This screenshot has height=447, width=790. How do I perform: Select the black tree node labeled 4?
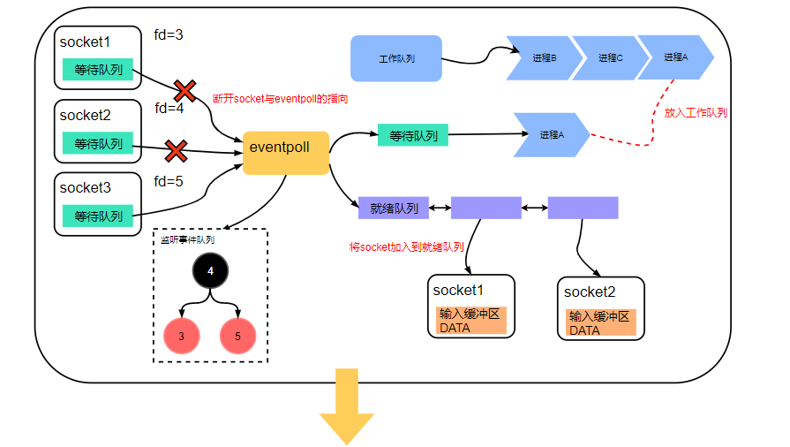[210, 271]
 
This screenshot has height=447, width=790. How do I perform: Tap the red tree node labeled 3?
[182, 336]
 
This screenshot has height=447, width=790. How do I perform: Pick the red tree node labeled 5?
[237, 336]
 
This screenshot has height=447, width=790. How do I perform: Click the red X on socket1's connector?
[184, 90]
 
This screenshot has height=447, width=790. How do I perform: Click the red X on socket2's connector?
[177, 151]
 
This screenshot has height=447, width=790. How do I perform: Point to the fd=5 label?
[169, 182]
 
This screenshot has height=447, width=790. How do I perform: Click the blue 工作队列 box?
[396, 58]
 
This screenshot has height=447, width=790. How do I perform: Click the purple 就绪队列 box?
[394, 208]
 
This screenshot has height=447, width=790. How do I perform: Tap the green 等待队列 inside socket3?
[98, 216]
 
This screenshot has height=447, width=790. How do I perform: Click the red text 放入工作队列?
[696, 112]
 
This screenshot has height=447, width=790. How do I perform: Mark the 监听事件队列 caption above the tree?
[187, 239]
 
